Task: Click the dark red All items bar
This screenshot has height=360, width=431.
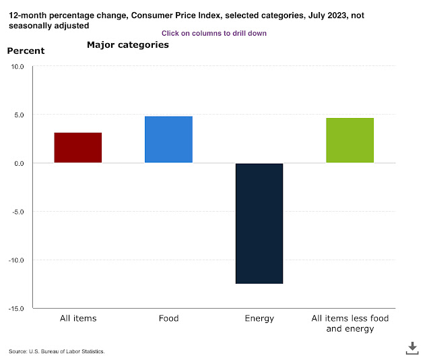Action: point(77,148)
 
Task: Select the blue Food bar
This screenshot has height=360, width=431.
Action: point(168,140)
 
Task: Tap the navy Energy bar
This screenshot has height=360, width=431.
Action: point(259,223)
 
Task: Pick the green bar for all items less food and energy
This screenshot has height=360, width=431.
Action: point(350,140)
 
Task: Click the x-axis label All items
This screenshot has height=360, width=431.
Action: point(77,318)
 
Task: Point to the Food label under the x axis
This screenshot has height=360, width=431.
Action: point(168,318)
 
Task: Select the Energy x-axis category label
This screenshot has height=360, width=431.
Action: point(259,318)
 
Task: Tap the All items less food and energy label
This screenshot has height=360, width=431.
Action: point(350,323)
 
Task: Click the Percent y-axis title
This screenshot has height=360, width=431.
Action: point(26,51)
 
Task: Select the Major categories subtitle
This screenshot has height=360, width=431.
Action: point(127,45)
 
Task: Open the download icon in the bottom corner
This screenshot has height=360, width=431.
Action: point(412,347)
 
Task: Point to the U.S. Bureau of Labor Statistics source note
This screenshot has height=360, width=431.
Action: point(57,352)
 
